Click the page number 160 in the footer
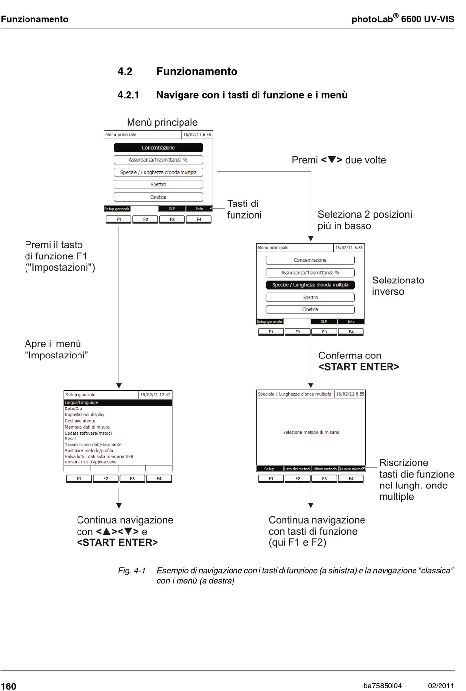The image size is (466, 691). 9,686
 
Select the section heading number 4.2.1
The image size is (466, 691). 128,95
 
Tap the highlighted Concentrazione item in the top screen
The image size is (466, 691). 158,148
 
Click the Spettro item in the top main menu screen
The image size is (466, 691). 158,185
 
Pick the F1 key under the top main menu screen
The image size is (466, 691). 119,219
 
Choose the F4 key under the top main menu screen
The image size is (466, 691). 199,219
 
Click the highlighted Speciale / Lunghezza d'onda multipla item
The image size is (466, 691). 310,285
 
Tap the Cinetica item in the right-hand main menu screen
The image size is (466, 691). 310,309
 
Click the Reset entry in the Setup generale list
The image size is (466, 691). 71,439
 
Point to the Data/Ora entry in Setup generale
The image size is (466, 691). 74,409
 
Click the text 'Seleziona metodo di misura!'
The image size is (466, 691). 311,432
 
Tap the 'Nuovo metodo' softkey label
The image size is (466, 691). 352,469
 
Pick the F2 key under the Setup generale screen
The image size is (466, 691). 105,478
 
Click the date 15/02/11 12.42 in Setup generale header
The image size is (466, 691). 155,395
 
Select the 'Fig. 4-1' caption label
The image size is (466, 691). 131,570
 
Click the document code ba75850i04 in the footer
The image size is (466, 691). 383,686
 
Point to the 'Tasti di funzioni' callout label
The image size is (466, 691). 244,209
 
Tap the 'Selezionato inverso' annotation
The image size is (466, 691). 398,286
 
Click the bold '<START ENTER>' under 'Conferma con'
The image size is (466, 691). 359,367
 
